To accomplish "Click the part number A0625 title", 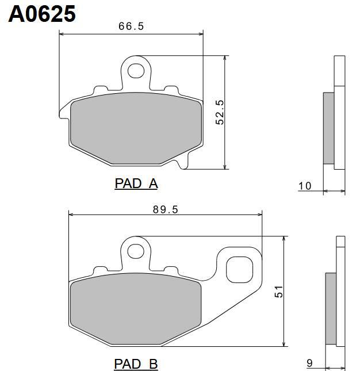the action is pyautogui.click(x=42, y=14).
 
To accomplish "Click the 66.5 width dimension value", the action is pyautogui.click(x=131, y=26).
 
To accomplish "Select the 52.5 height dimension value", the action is pyautogui.click(x=220, y=112).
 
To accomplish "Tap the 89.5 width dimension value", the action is pyautogui.click(x=165, y=209).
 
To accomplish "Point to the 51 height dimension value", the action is pyautogui.click(x=279, y=292).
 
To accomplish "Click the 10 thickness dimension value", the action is pyautogui.click(x=305, y=186).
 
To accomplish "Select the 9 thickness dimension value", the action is pyautogui.click(x=309, y=363).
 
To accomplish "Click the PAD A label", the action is pyautogui.click(x=136, y=183).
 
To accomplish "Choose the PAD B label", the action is pyautogui.click(x=136, y=364).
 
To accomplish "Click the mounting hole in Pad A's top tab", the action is pyautogui.click(x=136, y=71).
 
